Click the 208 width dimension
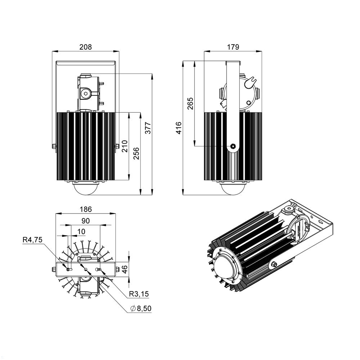(86, 47)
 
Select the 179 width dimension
(233, 47)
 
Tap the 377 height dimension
(148, 128)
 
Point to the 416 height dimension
(179, 128)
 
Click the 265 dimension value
(190, 104)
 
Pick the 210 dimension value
(125, 146)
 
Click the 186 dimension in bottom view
(86, 209)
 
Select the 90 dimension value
(86, 220)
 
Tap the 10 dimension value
(81, 231)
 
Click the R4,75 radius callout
(33, 240)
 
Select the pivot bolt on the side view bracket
(233, 146)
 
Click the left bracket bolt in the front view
(54, 146)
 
